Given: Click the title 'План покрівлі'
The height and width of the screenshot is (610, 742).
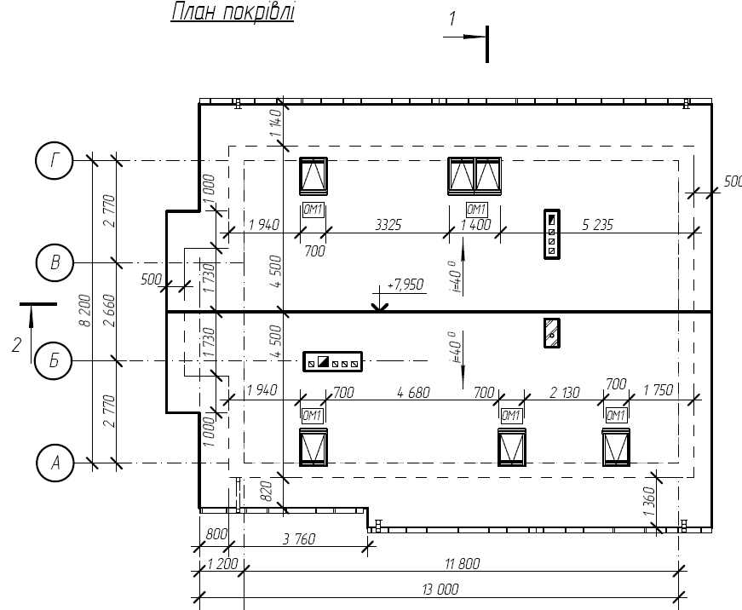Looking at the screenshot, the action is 233,12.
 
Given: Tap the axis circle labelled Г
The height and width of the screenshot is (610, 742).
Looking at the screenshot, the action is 55,160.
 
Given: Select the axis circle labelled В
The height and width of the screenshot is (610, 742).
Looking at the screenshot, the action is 55,262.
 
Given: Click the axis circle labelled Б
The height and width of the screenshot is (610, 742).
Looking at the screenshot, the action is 54,361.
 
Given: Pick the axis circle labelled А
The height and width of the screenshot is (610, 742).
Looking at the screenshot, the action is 55,463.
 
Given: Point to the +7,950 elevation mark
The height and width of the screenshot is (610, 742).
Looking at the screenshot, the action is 405,285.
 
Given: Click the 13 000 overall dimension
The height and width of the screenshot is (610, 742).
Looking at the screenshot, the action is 440,590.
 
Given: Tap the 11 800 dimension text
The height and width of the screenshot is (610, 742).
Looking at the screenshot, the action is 463,564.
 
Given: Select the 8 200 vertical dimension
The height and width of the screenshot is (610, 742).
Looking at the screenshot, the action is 85,310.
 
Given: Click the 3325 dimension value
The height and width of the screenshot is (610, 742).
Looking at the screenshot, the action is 388,224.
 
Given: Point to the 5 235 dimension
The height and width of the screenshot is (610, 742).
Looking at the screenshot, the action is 597,224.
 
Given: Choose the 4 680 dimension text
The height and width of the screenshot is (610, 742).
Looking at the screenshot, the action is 413,392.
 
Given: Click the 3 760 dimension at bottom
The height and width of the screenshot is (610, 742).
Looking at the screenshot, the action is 299,539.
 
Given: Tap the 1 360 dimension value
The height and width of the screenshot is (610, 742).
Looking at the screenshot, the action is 649,502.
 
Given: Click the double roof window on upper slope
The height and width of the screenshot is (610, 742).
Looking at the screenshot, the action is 475,176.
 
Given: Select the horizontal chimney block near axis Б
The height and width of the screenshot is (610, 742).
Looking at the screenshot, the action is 333,361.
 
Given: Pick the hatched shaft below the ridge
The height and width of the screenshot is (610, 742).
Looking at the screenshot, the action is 552,333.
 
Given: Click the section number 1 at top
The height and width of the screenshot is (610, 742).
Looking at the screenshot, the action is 452,19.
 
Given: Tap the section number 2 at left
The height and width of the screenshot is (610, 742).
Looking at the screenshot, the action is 16,344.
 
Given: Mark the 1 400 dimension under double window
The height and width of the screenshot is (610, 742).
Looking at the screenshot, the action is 476,224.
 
